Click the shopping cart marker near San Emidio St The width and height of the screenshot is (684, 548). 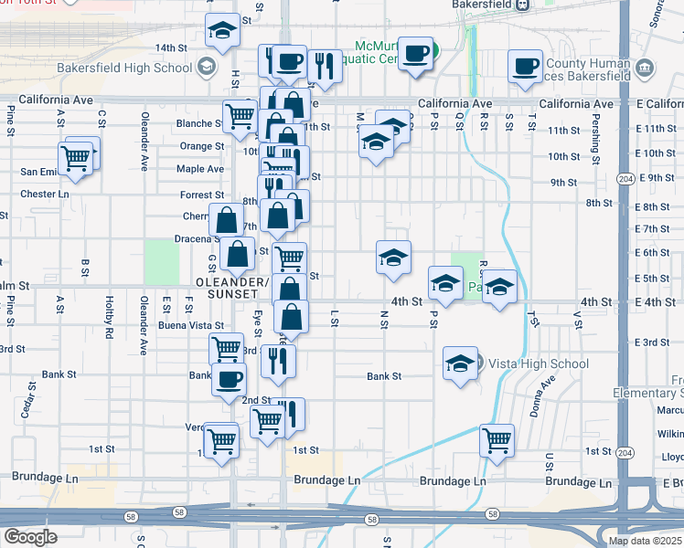click(x=78, y=157)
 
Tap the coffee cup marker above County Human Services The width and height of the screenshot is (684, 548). click(x=526, y=67)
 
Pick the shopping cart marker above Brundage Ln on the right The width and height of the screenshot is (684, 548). click(x=497, y=440)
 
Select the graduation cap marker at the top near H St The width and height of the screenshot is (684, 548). click(x=221, y=32)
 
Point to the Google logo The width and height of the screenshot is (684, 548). click(x=30, y=537)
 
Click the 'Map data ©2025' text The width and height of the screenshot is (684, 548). click(x=646, y=541)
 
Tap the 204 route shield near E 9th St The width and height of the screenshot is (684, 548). click(x=625, y=177)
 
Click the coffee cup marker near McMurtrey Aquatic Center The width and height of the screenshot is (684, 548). click(x=417, y=55)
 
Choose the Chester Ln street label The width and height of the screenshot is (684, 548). click(x=38, y=194)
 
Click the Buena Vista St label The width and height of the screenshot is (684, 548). click(x=191, y=325)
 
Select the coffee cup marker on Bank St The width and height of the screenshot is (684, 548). click(x=229, y=378)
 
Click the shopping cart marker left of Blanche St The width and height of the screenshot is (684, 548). click(x=240, y=116)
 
